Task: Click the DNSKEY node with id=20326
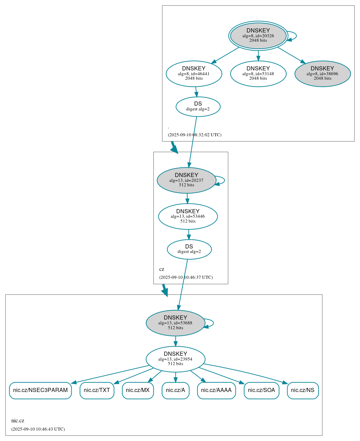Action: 258,36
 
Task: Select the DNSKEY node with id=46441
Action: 194,73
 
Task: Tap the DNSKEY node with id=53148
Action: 258,73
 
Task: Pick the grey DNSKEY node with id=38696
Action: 322,73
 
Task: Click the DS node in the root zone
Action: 198,107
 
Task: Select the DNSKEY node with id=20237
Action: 186,180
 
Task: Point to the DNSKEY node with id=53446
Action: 188,216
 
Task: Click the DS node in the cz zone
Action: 189,249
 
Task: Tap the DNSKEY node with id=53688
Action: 176,323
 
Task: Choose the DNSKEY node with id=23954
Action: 176,359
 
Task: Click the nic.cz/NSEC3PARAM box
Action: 40,390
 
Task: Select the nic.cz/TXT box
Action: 97,390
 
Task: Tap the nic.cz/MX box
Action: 138,390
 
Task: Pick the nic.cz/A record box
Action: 176,390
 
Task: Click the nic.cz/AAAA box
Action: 216,390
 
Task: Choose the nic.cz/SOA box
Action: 261,390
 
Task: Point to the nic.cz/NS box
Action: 303,390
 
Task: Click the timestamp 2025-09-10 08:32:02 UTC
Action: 194,135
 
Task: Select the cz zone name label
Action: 162,269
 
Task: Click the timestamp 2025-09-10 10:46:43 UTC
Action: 38,429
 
